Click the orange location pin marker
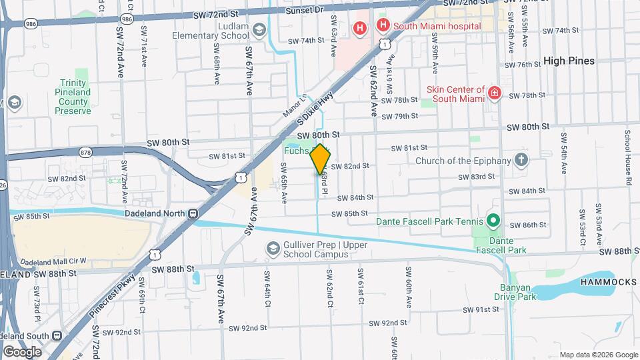click(320, 159)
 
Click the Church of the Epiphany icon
click(521, 160)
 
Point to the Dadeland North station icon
click(193, 214)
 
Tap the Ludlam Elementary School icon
click(259, 31)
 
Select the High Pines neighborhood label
click(569, 61)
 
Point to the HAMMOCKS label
click(608, 282)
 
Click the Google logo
click(22, 351)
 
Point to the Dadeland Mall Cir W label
click(53, 261)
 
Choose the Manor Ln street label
click(293, 105)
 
